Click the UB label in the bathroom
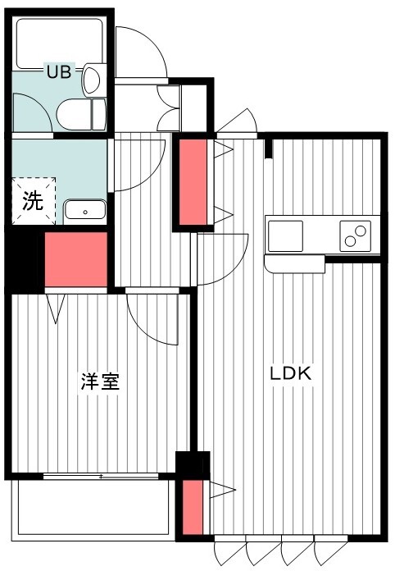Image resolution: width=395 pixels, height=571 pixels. tap(57, 71)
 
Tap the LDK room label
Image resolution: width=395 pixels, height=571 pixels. tap(291, 373)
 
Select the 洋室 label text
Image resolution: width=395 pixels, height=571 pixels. tap(100, 382)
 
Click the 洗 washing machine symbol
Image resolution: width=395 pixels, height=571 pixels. tap(33, 201)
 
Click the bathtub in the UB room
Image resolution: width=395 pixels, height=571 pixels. tap(55, 41)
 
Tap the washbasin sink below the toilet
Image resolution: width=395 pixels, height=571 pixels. tap(85, 210)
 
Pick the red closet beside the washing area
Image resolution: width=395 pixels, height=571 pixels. tap(76, 259)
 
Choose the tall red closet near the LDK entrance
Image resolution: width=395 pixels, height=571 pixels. tap(193, 182)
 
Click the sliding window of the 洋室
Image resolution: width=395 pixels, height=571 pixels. tap(100, 476)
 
